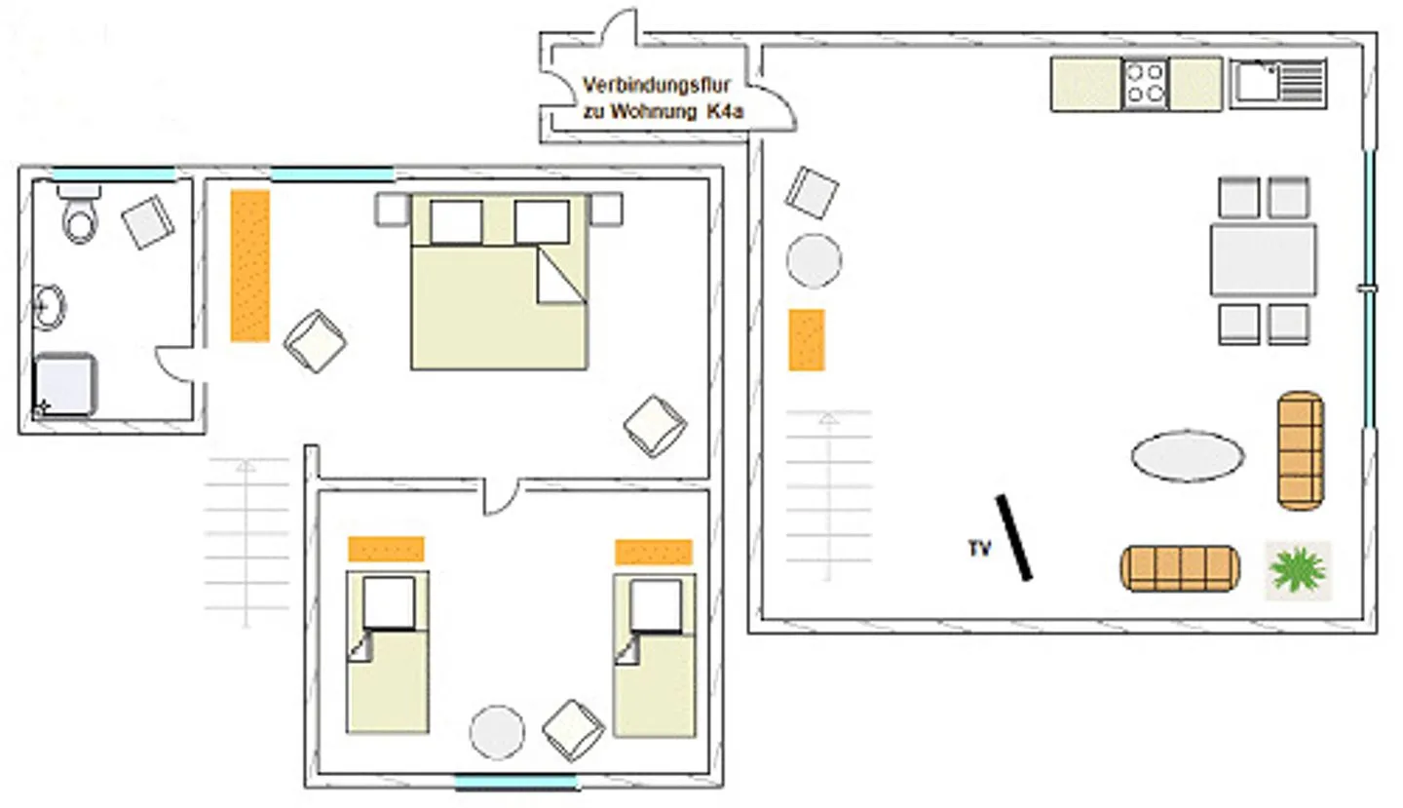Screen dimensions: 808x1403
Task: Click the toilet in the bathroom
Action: click(x=79, y=216)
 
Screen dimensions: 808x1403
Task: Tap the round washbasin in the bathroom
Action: click(x=48, y=306)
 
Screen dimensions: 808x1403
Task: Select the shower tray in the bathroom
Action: click(x=65, y=385)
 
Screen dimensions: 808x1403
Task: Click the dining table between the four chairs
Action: click(x=1263, y=260)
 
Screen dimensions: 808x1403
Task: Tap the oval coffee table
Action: click(x=1187, y=455)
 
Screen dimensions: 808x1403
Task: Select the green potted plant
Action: click(x=1298, y=569)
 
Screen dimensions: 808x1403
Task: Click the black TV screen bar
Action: click(x=1013, y=537)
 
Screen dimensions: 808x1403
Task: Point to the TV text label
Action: click(x=979, y=550)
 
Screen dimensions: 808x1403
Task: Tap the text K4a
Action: click(x=724, y=111)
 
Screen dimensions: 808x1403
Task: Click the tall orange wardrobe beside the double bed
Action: click(x=250, y=265)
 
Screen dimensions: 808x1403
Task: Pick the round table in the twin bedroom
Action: click(x=497, y=732)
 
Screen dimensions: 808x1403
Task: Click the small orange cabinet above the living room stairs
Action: click(x=807, y=340)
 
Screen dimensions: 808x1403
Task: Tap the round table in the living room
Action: click(x=814, y=260)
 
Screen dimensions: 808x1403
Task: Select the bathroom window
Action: click(x=113, y=175)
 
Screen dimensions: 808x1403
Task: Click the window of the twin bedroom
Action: click(x=516, y=782)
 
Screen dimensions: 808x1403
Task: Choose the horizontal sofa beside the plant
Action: click(x=1180, y=568)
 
